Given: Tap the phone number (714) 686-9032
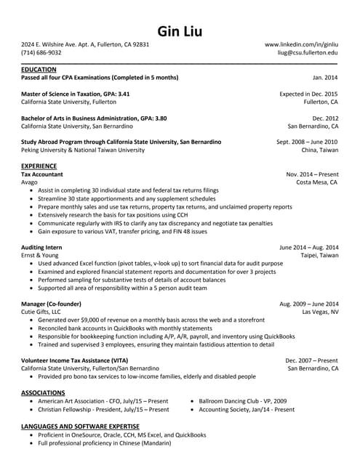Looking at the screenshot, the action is (x=41, y=53).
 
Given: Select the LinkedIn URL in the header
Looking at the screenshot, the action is (x=301, y=44).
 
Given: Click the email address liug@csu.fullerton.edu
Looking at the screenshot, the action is (x=308, y=53).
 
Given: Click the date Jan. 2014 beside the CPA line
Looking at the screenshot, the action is (x=325, y=77).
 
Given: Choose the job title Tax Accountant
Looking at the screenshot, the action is (x=42, y=175).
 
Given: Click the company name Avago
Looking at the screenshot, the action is (x=30, y=183).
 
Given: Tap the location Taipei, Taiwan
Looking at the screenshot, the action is (x=319, y=256).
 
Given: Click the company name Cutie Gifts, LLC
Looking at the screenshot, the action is (x=41, y=312).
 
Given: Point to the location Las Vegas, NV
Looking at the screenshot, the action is (x=320, y=312).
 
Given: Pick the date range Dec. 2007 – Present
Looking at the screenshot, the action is (x=311, y=360).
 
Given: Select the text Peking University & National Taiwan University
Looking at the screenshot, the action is (x=83, y=150).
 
